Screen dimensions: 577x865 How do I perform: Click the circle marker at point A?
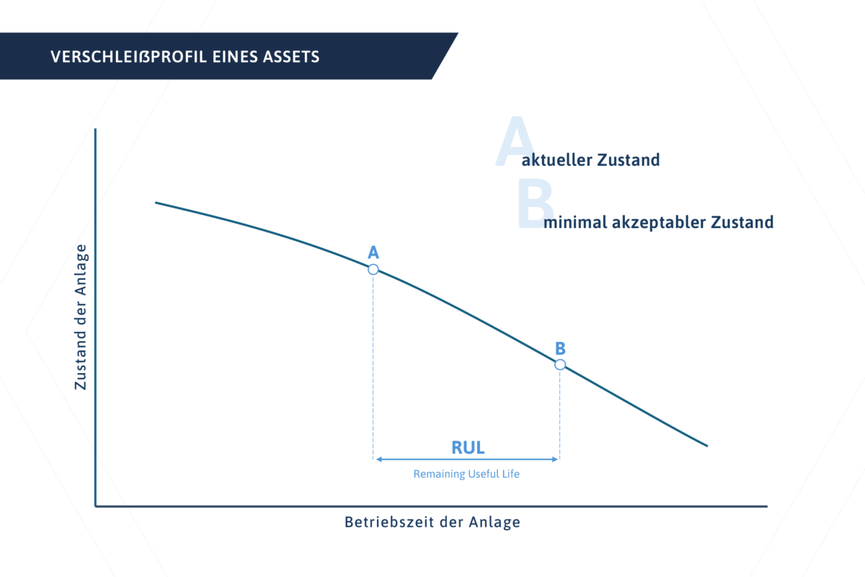tap(373, 269)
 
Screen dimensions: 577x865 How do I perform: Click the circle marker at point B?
tap(560, 364)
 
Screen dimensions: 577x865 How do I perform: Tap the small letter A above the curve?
tap(373, 252)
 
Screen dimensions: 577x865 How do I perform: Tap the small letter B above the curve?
tap(560, 348)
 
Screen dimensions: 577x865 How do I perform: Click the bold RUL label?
tap(468, 447)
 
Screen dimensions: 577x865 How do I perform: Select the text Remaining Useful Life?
tap(466, 475)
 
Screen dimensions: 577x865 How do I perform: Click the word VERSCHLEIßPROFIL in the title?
tap(128, 57)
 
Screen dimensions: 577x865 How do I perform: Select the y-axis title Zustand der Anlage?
tap(81, 317)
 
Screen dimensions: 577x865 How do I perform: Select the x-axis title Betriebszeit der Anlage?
tap(432, 522)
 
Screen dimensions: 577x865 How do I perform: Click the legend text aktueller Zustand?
tap(590, 160)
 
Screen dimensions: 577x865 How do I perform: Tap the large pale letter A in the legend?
tap(514, 142)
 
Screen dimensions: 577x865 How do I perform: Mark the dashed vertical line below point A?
tap(373, 361)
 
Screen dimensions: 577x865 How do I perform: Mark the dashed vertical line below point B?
tap(560, 411)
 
